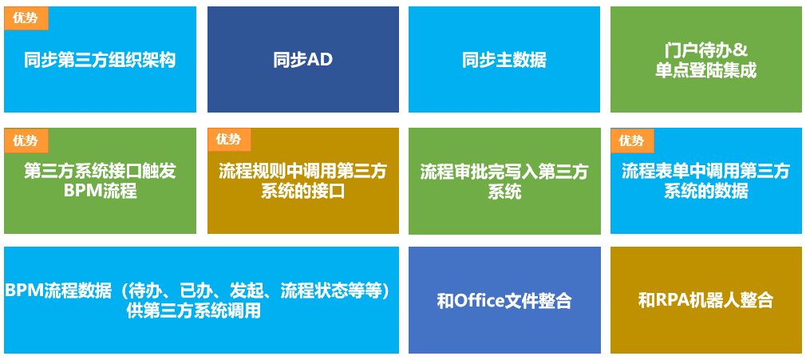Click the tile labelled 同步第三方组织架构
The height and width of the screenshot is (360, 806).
click(100, 59)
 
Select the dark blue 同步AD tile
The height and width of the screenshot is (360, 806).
click(303, 59)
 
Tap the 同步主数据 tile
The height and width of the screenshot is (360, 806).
click(504, 59)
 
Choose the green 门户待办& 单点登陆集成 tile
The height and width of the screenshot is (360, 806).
click(706, 59)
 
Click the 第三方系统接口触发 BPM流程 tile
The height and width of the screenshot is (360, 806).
click(100, 181)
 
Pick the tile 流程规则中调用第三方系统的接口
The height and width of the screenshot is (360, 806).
click(303, 181)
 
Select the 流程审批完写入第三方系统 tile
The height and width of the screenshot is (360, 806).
click(504, 181)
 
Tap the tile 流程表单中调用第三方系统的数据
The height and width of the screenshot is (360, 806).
click(706, 181)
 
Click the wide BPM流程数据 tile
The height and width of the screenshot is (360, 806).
click(201, 300)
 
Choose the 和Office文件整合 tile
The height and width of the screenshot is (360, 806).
click(504, 300)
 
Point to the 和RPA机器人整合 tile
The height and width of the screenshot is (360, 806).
click(706, 300)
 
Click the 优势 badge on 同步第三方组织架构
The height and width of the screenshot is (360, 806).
click(26, 18)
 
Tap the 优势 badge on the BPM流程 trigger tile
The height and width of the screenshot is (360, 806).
click(26, 140)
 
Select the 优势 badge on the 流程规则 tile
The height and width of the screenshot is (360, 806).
click(229, 140)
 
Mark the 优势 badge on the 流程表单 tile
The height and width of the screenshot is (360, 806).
click(632, 140)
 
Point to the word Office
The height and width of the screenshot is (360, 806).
click(476, 300)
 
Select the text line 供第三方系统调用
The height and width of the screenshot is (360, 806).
click(193, 311)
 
